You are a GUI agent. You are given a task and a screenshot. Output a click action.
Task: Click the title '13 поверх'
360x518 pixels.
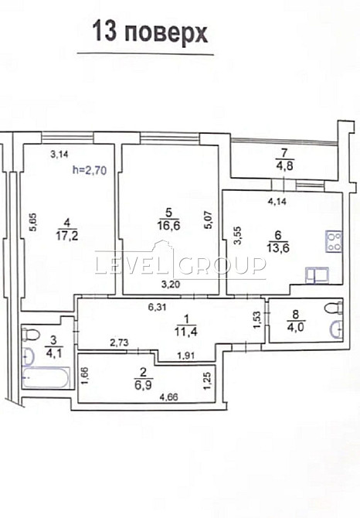coord(150,32)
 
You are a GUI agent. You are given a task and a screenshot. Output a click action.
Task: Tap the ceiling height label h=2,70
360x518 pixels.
coord(90,170)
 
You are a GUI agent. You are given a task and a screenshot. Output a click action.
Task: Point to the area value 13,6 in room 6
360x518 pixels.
coord(278,247)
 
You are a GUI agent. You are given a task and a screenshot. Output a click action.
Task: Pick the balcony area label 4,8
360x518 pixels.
coord(284,165)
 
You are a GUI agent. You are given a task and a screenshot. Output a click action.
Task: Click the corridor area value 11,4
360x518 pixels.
coord(186,332)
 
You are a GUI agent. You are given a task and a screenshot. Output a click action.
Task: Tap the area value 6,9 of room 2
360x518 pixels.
coord(143,385)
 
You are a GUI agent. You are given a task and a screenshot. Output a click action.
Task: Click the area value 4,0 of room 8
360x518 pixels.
coord(297,327)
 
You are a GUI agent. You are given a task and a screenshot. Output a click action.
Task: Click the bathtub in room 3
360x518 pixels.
coord(46,377)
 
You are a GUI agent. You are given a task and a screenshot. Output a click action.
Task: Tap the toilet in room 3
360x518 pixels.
coord(31,334)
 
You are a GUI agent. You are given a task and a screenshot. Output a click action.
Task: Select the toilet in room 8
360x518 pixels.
coord(334,308)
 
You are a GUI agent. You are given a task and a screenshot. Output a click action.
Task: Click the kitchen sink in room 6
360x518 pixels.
coord(317,275)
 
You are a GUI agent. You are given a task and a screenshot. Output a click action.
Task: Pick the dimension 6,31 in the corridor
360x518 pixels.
coord(158,307)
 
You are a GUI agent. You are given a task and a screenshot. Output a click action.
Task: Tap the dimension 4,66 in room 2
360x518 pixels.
coord(168,397)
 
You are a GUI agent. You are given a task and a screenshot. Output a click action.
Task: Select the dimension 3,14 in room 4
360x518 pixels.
coord(59,153)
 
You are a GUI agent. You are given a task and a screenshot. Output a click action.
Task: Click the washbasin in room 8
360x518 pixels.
coord(336,329)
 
